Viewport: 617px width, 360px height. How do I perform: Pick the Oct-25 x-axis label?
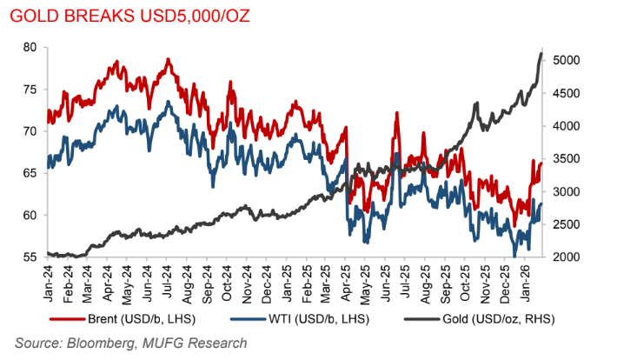(464, 280)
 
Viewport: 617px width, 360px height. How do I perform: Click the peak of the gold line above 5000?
(541, 54)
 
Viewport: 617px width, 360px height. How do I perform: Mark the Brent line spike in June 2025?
(397, 113)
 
